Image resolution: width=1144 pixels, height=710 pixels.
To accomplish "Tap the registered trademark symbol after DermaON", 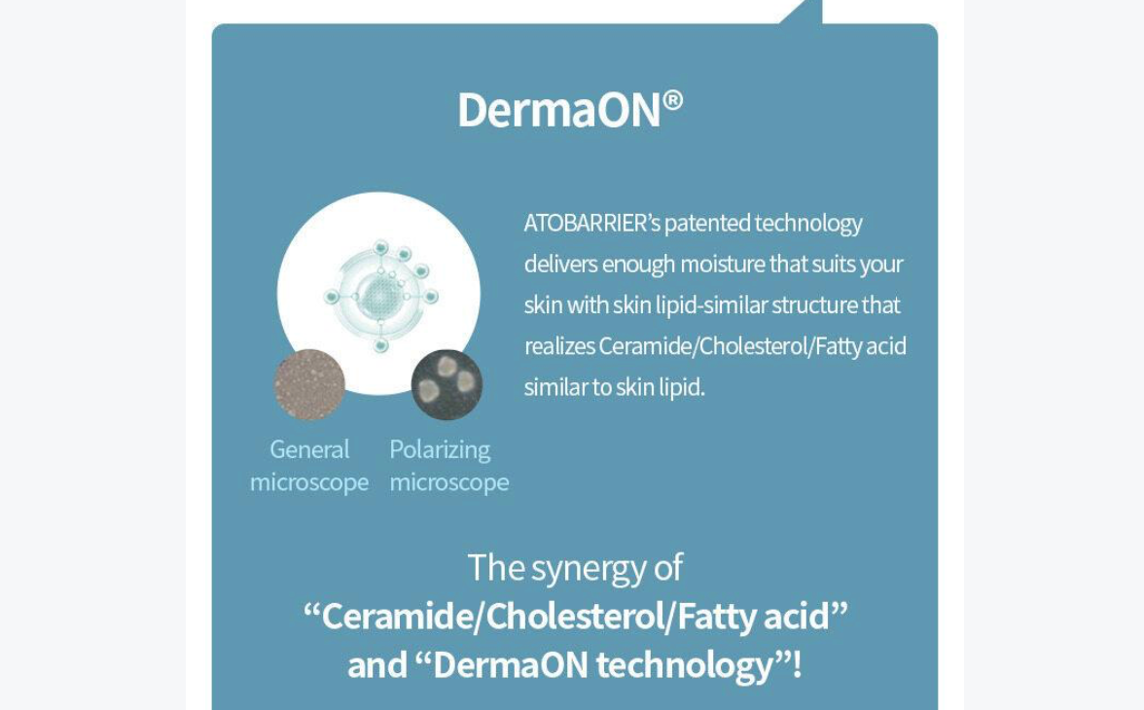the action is click(673, 100).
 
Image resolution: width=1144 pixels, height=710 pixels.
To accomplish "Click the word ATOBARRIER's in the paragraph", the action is click(591, 223).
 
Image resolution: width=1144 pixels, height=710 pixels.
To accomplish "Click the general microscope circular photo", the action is click(309, 384).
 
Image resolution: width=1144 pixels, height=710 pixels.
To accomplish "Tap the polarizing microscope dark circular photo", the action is click(447, 384).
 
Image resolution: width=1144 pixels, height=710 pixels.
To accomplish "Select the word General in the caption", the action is click(309, 448).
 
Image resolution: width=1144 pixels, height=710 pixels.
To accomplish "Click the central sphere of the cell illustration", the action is click(380, 296).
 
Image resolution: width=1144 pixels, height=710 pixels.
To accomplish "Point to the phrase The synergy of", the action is click(575, 568).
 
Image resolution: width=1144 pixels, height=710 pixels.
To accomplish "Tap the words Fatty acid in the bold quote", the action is click(754, 618).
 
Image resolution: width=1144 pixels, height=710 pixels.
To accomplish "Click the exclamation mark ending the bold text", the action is click(797, 664).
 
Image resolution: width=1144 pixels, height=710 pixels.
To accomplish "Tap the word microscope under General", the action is click(309, 483).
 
